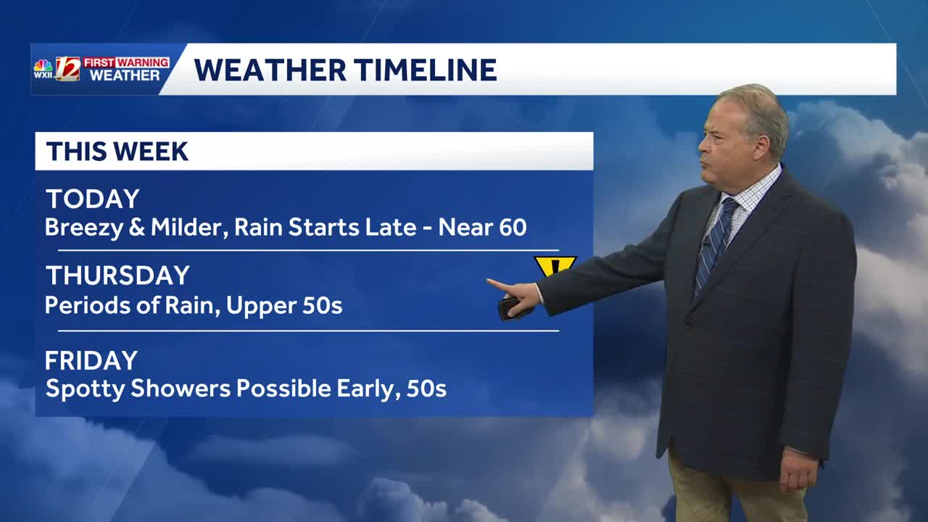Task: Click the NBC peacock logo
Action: [43, 65]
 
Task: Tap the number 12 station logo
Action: [68, 68]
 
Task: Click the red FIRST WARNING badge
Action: [126, 62]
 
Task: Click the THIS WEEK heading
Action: [117, 152]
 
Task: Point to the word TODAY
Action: [92, 199]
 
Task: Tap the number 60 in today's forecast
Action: [513, 227]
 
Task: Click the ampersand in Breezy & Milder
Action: [137, 228]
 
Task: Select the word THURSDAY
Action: [117, 275]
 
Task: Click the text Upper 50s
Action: [284, 306]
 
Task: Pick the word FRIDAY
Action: [91, 360]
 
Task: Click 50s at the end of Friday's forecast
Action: [427, 389]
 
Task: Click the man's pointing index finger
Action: [500, 285]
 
